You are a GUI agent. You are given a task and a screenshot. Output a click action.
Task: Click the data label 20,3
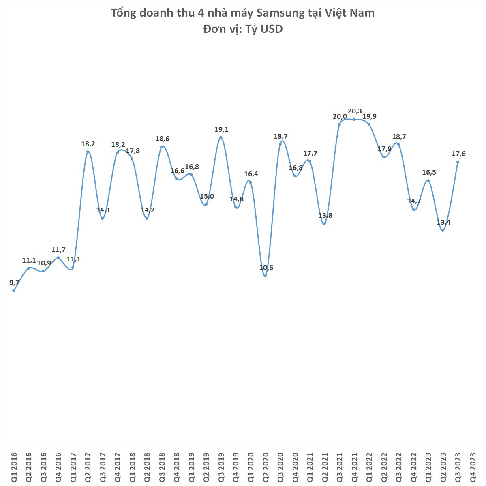coord(355,111)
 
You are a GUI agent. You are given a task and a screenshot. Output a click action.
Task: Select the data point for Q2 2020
coord(265,276)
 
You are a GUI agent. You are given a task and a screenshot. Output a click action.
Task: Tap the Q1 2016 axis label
coord(13,466)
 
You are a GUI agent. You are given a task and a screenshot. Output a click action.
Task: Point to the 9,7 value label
coord(15,283)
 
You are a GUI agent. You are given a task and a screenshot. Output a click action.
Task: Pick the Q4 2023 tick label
coord(472,466)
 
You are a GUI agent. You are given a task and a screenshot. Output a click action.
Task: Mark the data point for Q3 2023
coord(458,162)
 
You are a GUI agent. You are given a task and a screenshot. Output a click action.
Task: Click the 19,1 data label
coord(221,130)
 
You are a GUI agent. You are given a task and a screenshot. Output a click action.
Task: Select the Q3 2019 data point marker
coord(221,137)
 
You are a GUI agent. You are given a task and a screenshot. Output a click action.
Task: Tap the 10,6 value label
coord(266,268)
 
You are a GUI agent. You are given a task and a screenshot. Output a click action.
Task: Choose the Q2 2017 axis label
coord(88,466)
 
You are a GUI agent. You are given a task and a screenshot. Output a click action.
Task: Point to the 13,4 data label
coord(443,222)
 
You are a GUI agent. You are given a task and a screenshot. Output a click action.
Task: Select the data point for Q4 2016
coord(58,258)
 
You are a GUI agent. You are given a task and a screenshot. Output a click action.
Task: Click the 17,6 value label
coord(458,154)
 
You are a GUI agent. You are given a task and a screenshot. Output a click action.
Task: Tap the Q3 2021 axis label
coord(339,466)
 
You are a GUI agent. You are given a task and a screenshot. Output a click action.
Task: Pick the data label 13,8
coord(325,215)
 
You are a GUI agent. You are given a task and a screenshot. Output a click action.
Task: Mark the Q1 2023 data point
coord(428,181)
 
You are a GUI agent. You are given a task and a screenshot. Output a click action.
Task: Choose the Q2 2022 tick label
coord(383,466)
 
